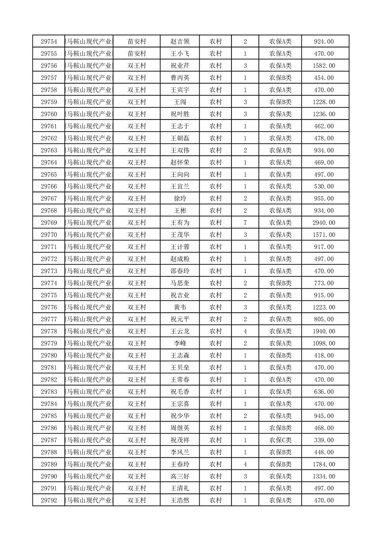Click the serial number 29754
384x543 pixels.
pos(49,42)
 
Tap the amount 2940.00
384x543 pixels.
pos(323,223)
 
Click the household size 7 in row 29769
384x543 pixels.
pos(246,223)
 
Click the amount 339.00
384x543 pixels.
pos(323,440)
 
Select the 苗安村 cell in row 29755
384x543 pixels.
pos(137,54)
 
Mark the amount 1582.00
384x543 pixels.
pos(323,66)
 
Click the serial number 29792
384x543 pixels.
pos(49,500)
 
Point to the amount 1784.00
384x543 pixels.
pos(323,464)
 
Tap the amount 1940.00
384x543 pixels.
pos(323,332)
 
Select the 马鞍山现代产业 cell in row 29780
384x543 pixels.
pos(89,356)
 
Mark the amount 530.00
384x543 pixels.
pos(323,186)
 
